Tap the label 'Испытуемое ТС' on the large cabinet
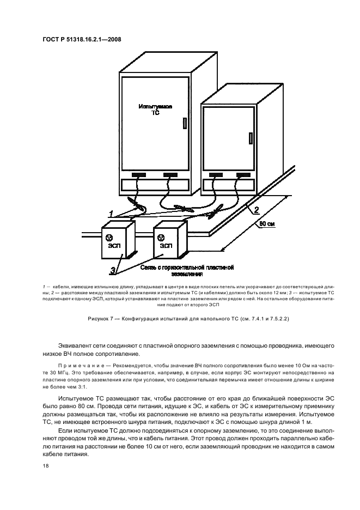tap(155, 110)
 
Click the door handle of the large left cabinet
tap(185, 123)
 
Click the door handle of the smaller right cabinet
tap(251, 138)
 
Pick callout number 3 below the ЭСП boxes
tap(113, 269)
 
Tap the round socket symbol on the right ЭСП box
tap(161, 236)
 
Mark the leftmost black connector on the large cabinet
tap(138, 175)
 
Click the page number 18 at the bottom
tap(45, 466)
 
